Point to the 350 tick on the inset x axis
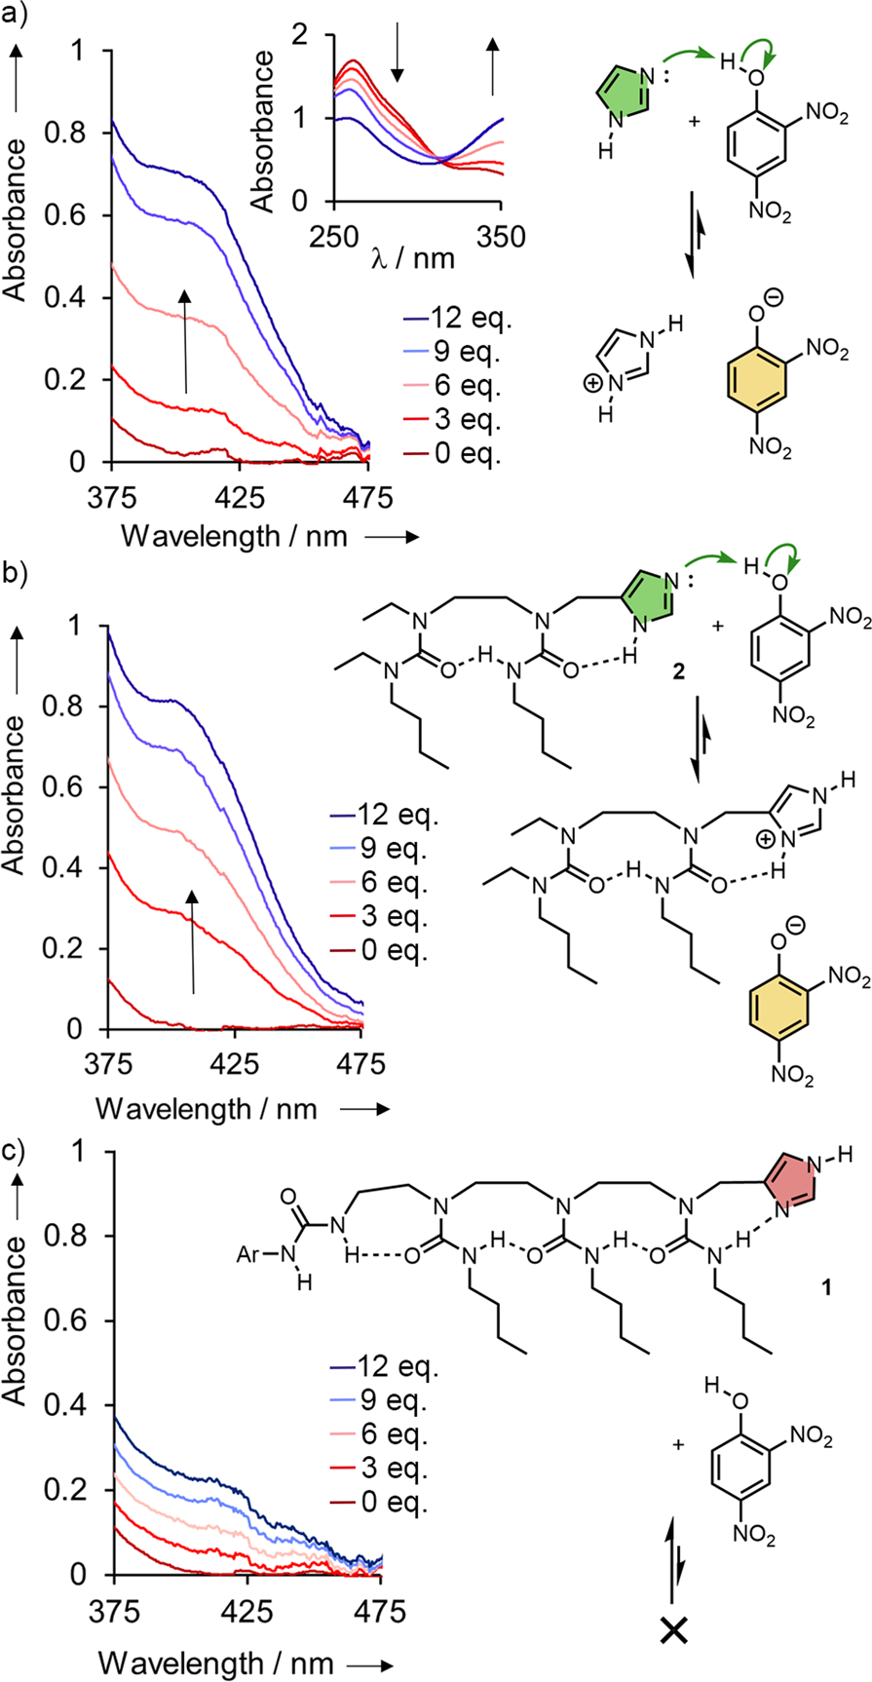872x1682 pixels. [501, 235]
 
